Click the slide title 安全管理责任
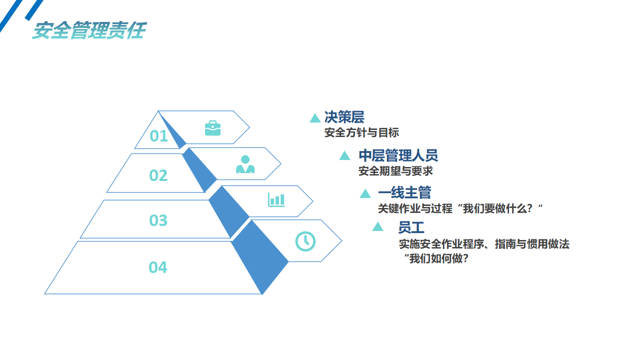point(89,30)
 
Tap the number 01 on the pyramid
point(158,136)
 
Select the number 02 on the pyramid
point(158,175)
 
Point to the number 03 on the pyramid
point(158,220)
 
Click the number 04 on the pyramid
point(157,267)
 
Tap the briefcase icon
point(212,128)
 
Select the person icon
point(245,164)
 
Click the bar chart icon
point(276,199)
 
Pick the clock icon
point(305,241)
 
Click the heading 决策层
point(344,117)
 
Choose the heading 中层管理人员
point(398,155)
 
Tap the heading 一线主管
point(404,192)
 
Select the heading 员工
point(411,227)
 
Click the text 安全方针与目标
point(361,133)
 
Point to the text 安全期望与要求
point(395,171)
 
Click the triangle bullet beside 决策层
point(315,118)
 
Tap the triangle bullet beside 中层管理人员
point(344,156)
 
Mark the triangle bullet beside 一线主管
point(365,194)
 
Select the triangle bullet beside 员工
point(377,227)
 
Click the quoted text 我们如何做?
point(436,258)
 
